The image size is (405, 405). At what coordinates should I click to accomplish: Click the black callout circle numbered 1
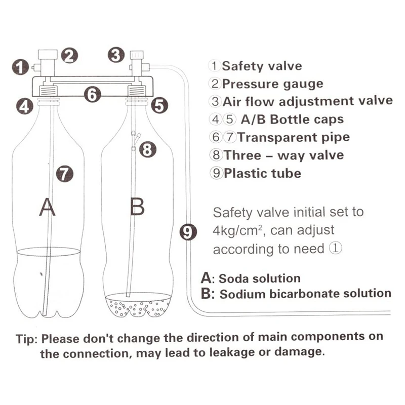(20, 67)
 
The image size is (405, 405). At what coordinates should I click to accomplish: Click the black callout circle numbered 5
(159, 105)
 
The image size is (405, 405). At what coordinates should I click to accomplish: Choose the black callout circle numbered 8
(146, 149)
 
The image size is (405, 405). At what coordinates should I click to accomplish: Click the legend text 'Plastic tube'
(262, 173)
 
